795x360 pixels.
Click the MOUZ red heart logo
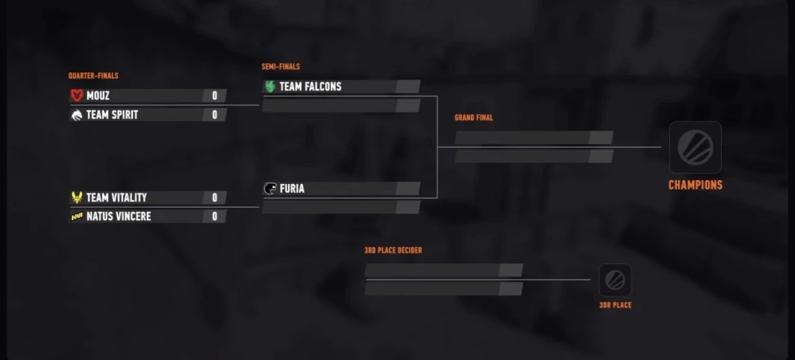77,95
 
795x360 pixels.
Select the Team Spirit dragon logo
77,115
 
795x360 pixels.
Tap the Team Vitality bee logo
77,197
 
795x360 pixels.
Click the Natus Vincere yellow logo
77,217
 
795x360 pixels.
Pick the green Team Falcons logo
270,86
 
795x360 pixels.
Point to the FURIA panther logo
270,189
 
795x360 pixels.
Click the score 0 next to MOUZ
215,95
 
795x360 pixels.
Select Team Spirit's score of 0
215,115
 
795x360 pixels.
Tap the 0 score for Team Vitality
215,197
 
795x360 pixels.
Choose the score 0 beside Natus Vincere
215,217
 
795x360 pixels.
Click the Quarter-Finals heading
93,76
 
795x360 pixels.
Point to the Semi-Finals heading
281,67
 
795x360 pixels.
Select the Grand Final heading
474,118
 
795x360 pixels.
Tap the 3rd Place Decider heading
393,251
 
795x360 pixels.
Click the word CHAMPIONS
695,185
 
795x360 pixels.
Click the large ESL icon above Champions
695,147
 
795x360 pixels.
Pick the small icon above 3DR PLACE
615,280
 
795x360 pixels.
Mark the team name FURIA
292,189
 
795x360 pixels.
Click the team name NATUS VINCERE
119,217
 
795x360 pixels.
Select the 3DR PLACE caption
615,305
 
